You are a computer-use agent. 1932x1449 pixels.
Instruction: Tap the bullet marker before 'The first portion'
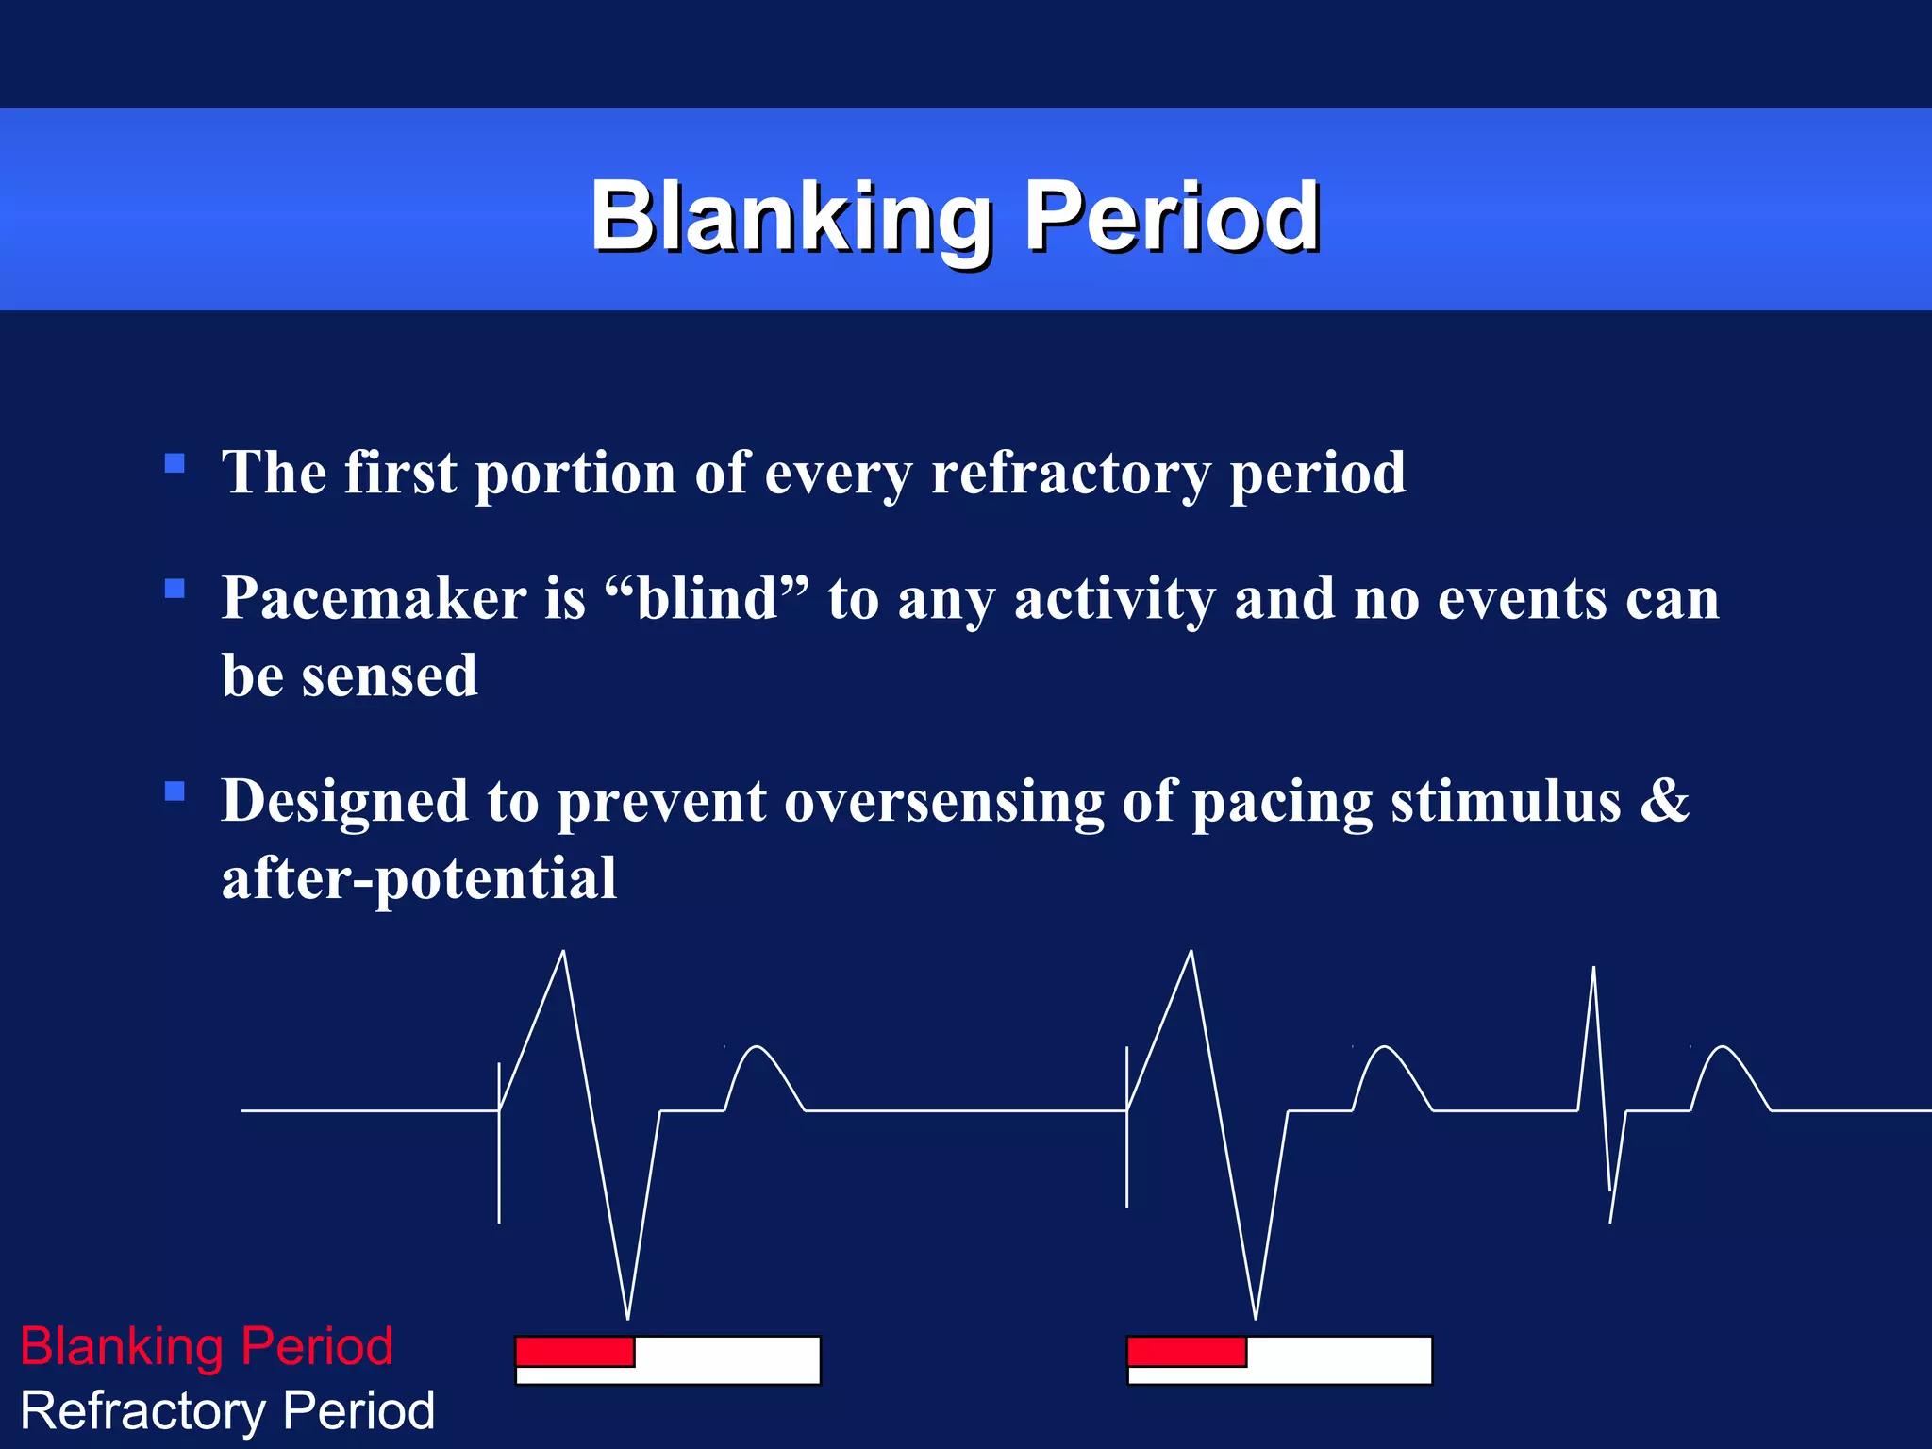(175, 463)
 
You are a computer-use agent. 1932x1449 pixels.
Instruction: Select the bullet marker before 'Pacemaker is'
(175, 590)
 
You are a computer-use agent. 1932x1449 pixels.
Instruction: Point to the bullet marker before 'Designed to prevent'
(175, 791)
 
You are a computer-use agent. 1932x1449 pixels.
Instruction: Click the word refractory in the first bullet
(1071, 473)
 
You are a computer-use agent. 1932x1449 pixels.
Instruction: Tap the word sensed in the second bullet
(389, 676)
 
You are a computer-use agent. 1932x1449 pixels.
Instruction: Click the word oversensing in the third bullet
(943, 802)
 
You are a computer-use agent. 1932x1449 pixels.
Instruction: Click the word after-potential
(419, 879)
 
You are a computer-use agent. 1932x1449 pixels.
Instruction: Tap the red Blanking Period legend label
(207, 1346)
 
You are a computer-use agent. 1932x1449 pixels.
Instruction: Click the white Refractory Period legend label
(227, 1411)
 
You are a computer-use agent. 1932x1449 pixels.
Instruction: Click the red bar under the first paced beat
(575, 1352)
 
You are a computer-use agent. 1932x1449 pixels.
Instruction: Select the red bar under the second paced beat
(1187, 1352)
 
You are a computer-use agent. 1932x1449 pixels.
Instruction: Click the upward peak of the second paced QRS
(1191, 955)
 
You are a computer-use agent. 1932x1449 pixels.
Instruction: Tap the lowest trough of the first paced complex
(627, 1315)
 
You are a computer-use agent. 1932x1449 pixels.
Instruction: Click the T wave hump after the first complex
(757, 1049)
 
